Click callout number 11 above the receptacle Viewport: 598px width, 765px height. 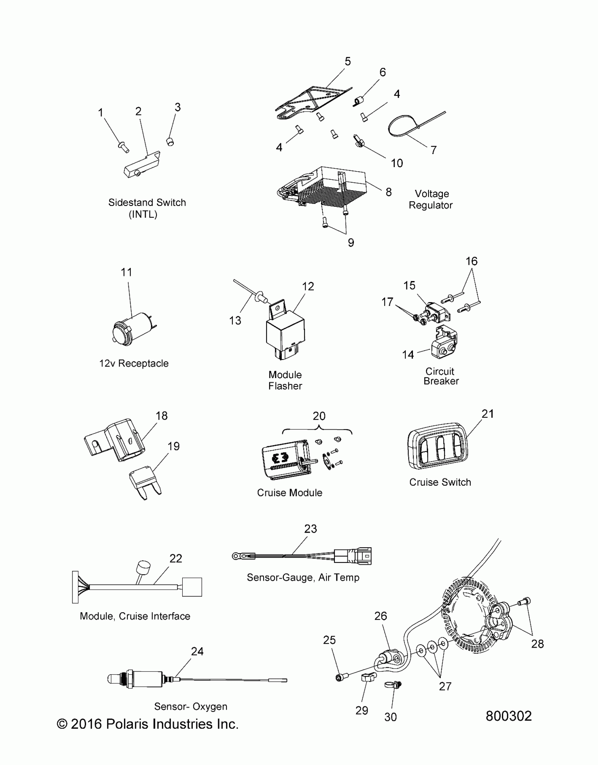pyautogui.click(x=126, y=272)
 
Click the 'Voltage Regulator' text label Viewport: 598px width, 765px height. pyautogui.click(x=431, y=199)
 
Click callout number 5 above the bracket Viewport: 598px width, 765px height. pyautogui.click(x=348, y=62)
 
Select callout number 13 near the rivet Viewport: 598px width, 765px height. pyautogui.click(x=235, y=320)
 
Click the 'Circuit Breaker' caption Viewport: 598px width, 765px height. pyautogui.click(x=441, y=376)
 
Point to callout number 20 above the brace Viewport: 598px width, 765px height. pyautogui.click(x=319, y=416)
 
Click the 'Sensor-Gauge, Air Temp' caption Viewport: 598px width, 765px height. pyautogui.click(x=303, y=577)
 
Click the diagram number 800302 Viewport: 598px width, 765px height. pyautogui.click(x=509, y=716)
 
